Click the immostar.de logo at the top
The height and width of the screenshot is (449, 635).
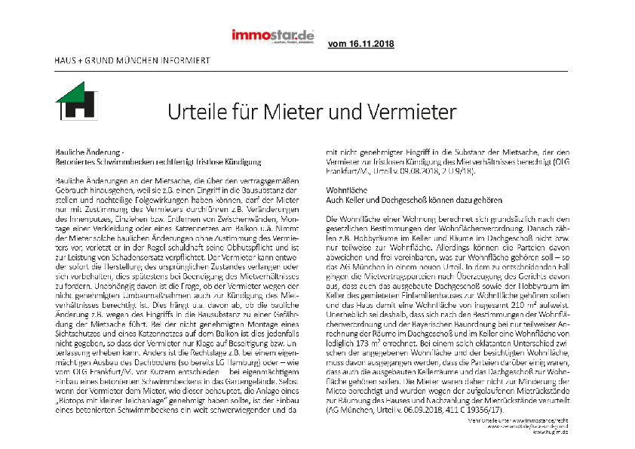pyautogui.click(x=273, y=35)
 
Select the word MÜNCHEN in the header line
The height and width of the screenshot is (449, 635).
pyautogui.click(x=135, y=60)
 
